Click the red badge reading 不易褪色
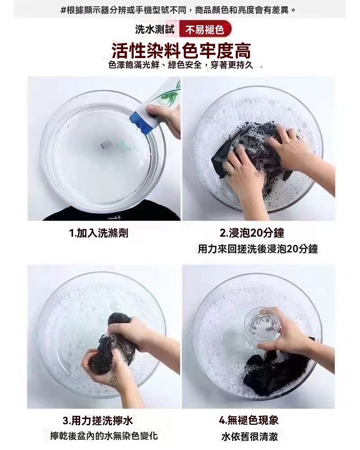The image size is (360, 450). [x=205, y=30]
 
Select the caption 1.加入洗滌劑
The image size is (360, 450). [x=99, y=233]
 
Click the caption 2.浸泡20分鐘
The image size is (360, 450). [x=252, y=233]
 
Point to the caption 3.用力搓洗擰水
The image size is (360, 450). [x=98, y=421]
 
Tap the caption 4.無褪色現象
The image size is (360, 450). [x=248, y=420]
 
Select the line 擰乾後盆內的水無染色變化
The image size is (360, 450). [x=104, y=436]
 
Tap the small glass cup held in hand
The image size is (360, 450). [x=262, y=321]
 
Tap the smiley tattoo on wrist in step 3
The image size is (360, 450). [x=113, y=379]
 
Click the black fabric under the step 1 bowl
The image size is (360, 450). [x=103, y=215]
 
